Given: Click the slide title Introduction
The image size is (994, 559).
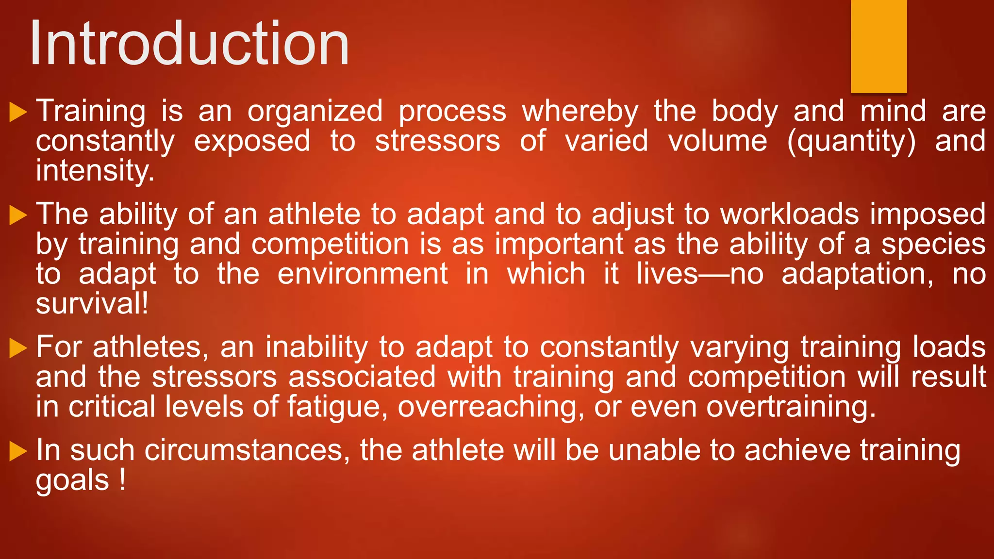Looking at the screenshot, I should [189, 44].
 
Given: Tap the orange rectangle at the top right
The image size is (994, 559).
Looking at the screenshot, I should [878, 46].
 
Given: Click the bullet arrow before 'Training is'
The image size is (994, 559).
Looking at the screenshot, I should [18, 112].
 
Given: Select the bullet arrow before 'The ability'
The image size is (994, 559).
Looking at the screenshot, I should [18, 215].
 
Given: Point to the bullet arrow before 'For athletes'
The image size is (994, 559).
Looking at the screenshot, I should [18, 348].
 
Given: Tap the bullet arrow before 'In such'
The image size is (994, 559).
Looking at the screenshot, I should [18, 451].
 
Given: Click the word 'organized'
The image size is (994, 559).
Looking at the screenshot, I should [315, 112].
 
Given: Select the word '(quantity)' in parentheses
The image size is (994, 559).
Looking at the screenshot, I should [851, 141].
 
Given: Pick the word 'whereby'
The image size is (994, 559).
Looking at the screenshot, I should [580, 112].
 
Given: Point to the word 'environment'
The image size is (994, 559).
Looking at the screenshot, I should [363, 274].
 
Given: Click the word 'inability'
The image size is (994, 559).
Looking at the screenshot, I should [316, 347].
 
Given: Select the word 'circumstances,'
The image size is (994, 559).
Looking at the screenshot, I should [247, 450].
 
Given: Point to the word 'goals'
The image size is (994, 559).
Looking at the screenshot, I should [72, 480].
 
